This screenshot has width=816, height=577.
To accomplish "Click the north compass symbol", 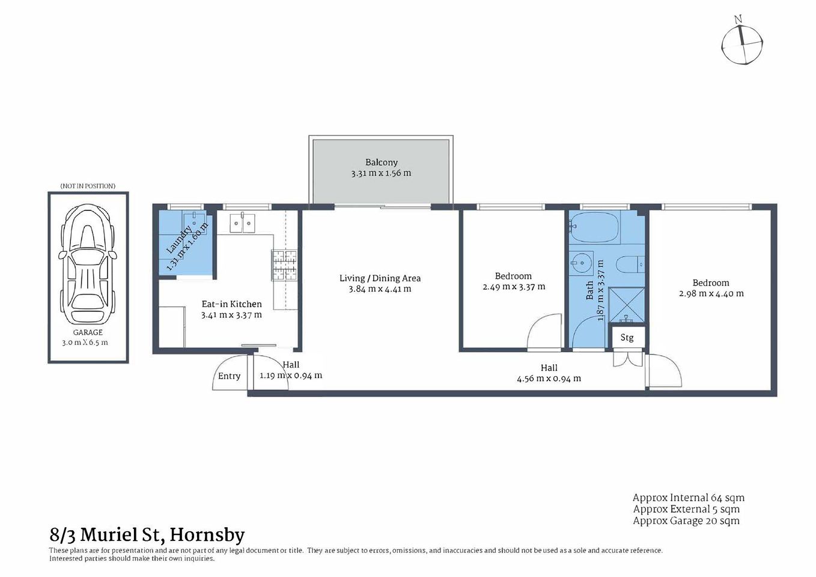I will [742, 44].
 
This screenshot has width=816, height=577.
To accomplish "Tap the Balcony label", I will [381, 162].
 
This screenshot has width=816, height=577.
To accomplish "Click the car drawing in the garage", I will [88, 264].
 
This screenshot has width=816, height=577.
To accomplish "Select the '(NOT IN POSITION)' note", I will [88, 186].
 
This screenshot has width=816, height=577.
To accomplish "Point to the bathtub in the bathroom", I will [594, 227].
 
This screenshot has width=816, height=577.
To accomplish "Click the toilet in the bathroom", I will [630, 264].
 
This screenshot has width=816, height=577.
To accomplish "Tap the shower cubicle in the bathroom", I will [626, 305].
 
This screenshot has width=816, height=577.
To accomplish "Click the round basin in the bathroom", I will [580, 263].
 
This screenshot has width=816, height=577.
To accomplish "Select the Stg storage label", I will [627, 338].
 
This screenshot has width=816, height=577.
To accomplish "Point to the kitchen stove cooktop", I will [284, 265].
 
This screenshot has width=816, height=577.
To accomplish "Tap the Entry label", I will [229, 376].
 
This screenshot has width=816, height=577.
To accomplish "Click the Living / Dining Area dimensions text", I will [380, 289].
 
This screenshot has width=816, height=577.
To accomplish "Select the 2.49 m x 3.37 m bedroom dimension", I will [514, 287].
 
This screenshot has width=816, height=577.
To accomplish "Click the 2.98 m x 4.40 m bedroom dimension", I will [711, 294].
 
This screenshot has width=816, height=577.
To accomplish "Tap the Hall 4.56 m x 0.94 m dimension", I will [549, 379].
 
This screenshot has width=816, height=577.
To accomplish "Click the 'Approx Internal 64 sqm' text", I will [688, 498].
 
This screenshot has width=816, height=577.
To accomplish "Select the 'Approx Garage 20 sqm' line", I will [686, 521].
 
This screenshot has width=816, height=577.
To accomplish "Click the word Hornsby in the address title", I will [207, 535].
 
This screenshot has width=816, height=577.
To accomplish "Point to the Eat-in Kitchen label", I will [231, 304].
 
